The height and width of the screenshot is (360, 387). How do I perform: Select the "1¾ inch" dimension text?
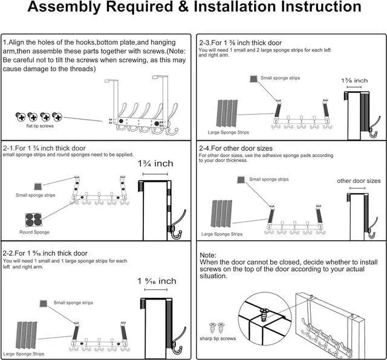pyautogui.click(x=155, y=163)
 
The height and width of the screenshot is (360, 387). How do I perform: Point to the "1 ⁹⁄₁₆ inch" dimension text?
pyautogui.click(x=157, y=281)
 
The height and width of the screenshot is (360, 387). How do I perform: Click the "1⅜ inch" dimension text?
pyautogui.click(x=354, y=80)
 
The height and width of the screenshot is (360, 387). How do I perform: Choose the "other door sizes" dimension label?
pyautogui.click(x=359, y=181)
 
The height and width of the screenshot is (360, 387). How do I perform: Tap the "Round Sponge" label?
pyautogui.click(x=34, y=232)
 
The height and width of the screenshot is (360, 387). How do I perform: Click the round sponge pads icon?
pyautogui.click(x=34, y=220)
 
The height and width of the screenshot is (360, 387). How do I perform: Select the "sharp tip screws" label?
pyautogui.click(x=218, y=339)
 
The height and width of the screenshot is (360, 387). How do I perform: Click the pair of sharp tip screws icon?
pyautogui.click(x=215, y=328)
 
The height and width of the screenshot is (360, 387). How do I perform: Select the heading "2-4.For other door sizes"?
pyautogui.click(x=236, y=148)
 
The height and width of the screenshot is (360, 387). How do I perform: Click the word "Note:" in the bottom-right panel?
pyautogui.click(x=208, y=256)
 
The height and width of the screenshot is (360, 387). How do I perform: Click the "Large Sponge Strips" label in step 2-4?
pyautogui.click(x=221, y=234)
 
